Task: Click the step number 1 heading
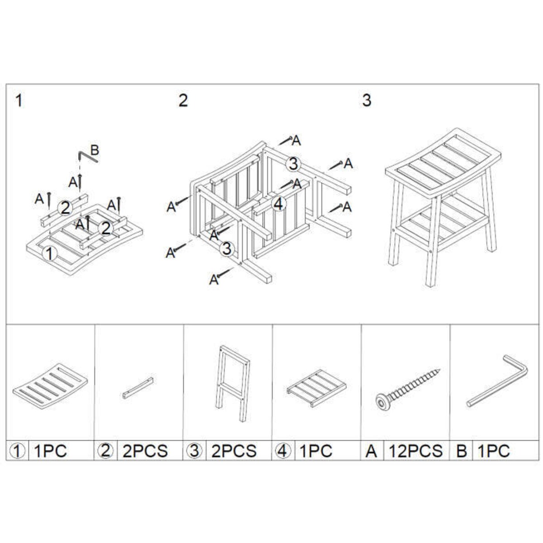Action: coord(19,100)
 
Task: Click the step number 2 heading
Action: coord(183,100)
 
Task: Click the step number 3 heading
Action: coord(367,100)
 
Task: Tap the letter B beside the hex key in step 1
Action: coord(95,150)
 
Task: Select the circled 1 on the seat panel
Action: coord(49,253)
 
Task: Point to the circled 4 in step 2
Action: coord(279,204)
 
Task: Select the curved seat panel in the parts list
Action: coord(50,386)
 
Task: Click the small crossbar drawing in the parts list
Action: coord(138,388)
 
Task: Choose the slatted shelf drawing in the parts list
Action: coord(316,388)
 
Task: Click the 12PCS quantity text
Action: coord(416,451)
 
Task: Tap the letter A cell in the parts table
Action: coord(372,451)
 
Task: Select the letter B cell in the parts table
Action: coord(461,451)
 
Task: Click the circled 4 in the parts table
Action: coord(283,451)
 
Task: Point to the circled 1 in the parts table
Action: coord(18,451)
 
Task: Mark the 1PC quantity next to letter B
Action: coord(494,451)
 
